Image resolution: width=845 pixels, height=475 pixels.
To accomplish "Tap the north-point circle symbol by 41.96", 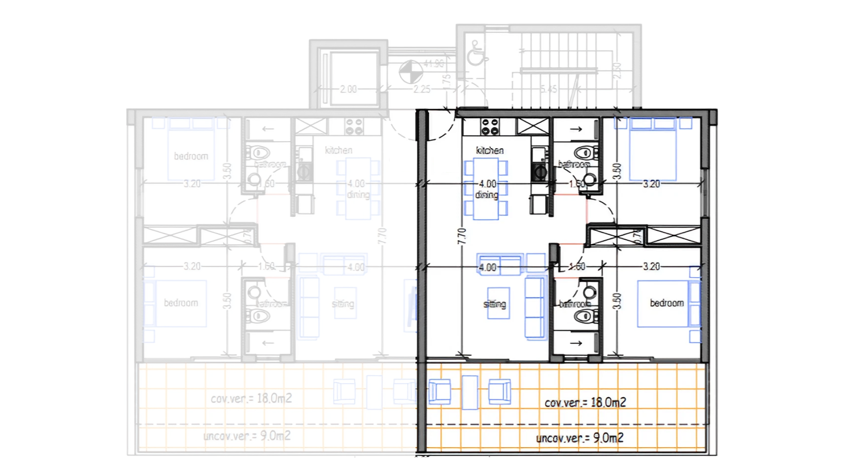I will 411,72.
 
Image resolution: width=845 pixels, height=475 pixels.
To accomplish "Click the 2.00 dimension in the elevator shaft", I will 348,89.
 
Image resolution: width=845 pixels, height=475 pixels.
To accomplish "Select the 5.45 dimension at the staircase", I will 548,89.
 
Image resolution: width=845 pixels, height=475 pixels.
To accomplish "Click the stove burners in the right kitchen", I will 489,127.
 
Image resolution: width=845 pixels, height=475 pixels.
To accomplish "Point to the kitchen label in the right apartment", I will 489,150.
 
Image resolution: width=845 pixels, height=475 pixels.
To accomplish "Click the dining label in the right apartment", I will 486,195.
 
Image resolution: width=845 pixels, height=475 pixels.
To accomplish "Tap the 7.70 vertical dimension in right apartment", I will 461,236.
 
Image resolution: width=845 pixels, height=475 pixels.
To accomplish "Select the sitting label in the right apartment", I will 495,304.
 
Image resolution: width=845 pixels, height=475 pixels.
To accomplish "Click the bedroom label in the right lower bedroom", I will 666,303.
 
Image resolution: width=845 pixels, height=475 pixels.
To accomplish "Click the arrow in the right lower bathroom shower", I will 576,343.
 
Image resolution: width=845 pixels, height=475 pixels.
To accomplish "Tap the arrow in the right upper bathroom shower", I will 576,129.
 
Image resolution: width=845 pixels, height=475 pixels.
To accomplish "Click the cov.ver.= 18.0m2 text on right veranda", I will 585,402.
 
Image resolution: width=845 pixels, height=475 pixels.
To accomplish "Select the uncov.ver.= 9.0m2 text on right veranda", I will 580,438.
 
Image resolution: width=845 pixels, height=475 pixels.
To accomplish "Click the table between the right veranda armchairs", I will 470,392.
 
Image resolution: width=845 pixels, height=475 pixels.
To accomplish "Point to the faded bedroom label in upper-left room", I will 191,156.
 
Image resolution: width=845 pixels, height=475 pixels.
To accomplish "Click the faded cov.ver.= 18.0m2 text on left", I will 251,398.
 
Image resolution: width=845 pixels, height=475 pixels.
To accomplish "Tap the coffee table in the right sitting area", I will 499,303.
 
